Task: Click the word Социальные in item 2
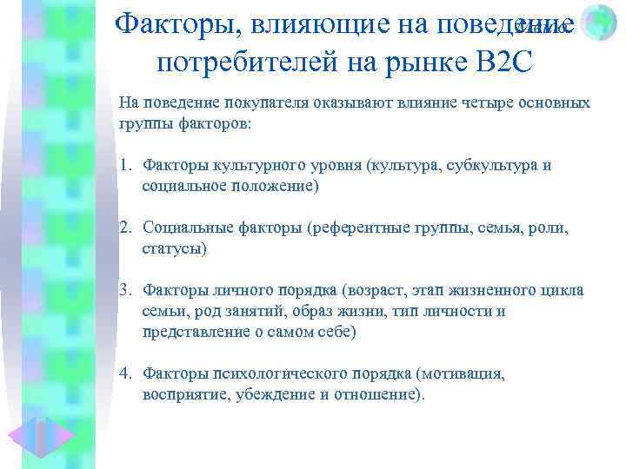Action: (x=184, y=228)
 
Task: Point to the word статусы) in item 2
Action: (x=174, y=249)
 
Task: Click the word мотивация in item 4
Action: (x=461, y=373)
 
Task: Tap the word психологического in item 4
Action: (x=278, y=373)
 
